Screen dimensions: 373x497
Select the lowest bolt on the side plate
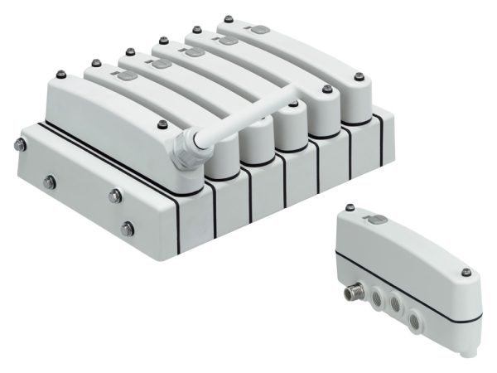(127, 226)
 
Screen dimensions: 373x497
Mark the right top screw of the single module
(466, 273)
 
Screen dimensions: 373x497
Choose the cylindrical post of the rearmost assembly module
(354, 117)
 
